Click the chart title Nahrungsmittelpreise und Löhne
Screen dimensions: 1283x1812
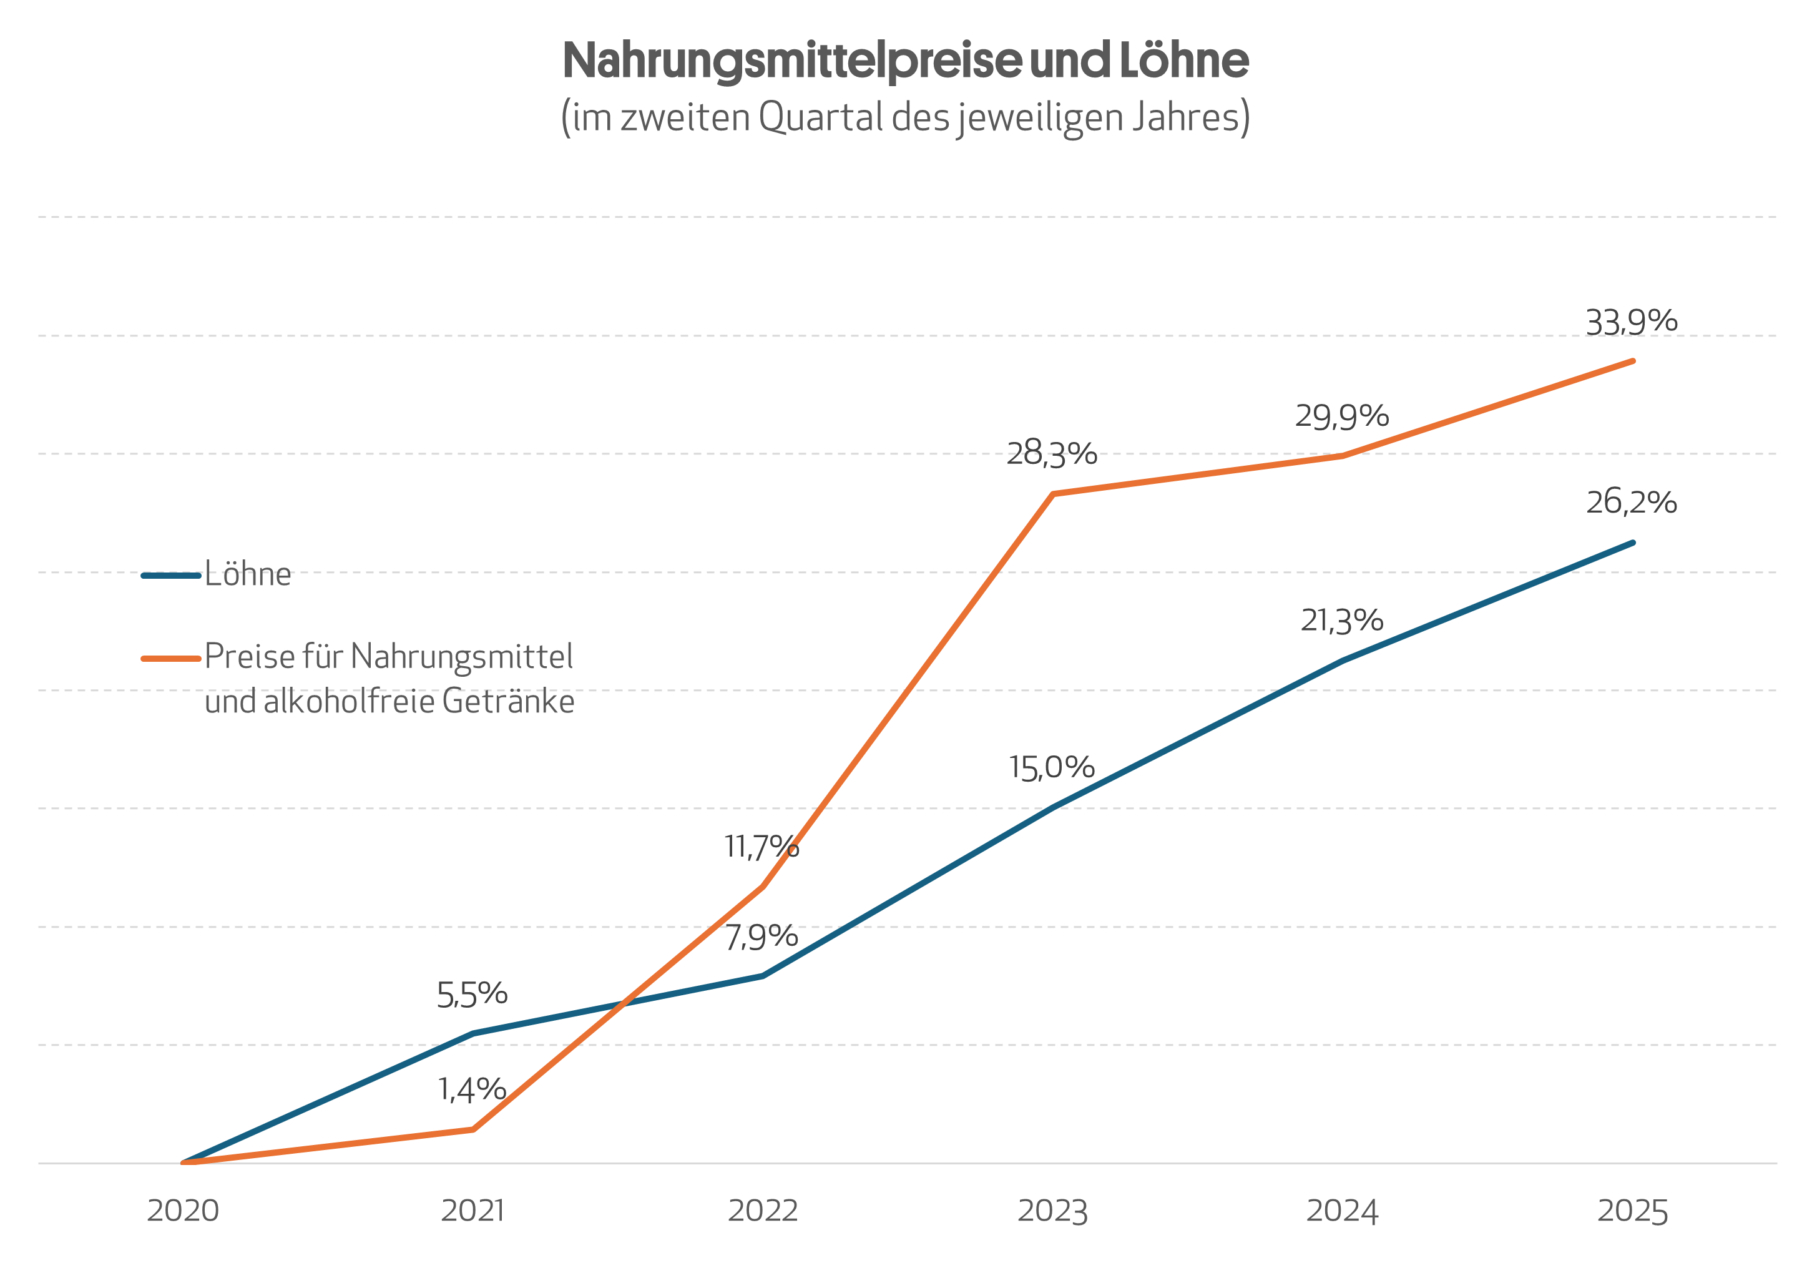click(905, 60)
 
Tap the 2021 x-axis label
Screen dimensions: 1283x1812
click(473, 1211)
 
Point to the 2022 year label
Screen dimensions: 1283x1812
click(762, 1211)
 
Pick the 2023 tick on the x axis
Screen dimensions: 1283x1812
click(1052, 1211)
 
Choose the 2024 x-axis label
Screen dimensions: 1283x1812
click(1342, 1211)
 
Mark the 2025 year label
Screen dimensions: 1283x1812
click(1632, 1211)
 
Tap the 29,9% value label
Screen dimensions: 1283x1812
click(1341, 416)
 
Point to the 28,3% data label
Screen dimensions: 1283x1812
click(1051, 453)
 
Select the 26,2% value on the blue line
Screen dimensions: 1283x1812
click(1631, 503)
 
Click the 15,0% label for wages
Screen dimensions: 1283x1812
click(1051, 768)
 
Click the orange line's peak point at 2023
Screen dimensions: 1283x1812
click(1053, 494)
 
